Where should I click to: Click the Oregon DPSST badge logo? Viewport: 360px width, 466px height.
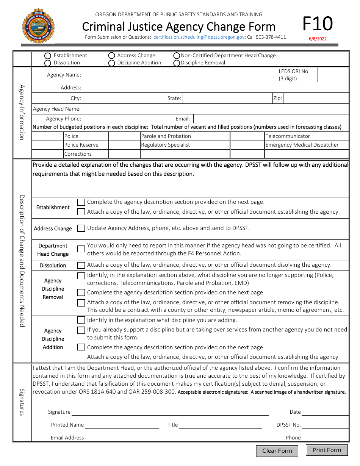tap(38, 26)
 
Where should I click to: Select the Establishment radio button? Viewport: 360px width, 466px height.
tap(48, 56)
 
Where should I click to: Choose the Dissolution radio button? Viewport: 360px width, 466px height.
tap(48, 63)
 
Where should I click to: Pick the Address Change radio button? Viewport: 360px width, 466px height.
tap(112, 56)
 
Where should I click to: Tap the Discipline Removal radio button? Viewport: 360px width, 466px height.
tap(177, 63)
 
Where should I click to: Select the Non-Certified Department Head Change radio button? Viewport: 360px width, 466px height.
tap(177, 56)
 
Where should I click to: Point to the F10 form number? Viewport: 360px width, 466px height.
tap(317, 24)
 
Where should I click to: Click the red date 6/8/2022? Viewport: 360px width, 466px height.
tap(317, 39)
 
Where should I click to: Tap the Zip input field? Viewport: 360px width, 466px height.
tap(315, 99)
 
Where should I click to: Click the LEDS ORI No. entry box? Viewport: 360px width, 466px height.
tap(333, 75)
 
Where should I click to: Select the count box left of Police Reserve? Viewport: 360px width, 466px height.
tap(48, 145)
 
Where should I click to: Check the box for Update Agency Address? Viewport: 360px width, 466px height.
tap(81, 228)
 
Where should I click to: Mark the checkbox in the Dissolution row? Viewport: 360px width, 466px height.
tap(81, 266)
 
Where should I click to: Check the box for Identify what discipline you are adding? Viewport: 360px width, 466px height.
tap(81, 320)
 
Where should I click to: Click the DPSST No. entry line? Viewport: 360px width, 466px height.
tap(325, 425)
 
